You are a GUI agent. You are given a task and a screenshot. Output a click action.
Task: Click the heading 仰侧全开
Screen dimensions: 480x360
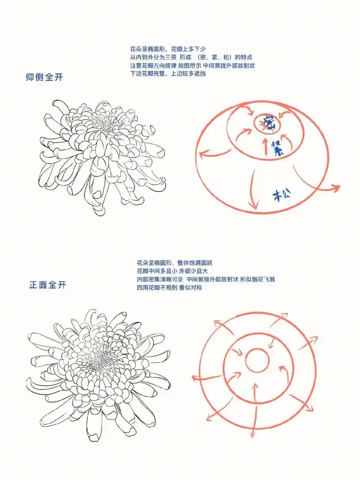(x=44, y=77)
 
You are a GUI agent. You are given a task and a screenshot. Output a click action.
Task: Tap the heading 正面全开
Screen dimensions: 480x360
(x=47, y=285)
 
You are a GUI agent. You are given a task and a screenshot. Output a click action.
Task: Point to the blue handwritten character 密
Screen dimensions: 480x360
(x=269, y=122)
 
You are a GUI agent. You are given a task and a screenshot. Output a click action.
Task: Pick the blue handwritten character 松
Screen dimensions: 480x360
(x=282, y=195)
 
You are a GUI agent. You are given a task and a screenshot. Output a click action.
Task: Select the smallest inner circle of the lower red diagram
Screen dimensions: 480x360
(x=257, y=360)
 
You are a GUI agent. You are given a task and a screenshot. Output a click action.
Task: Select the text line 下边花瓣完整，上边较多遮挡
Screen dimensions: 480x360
(x=168, y=73)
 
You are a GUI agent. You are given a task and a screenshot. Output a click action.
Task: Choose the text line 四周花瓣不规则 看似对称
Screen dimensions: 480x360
(x=169, y=287)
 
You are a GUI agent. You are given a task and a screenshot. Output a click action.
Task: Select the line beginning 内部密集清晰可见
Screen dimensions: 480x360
(x=205, y=279)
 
